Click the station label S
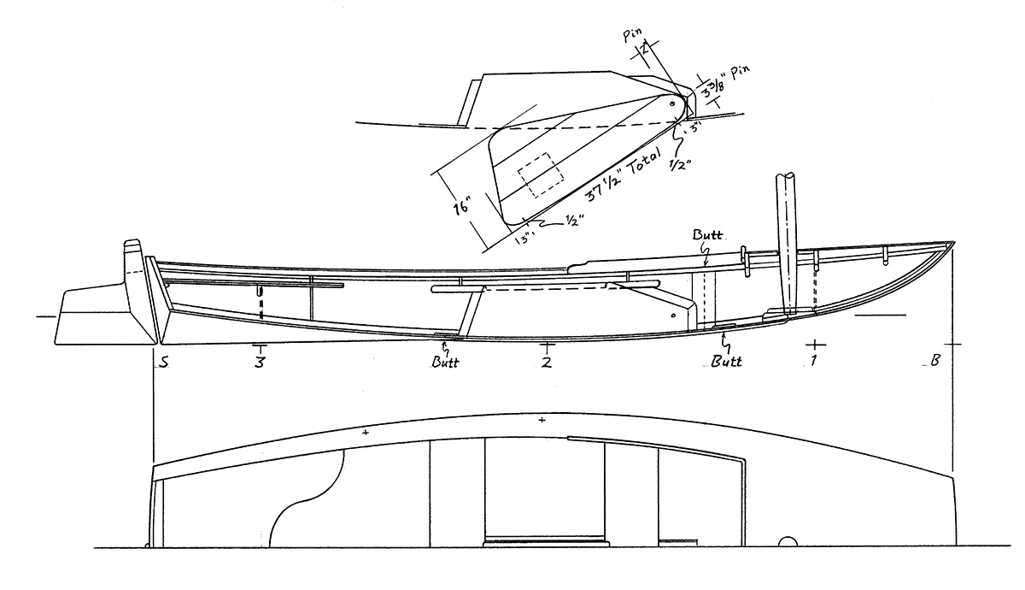[161, 363]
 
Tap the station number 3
[259, 363]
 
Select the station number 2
[547, 362]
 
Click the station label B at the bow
[934, 362]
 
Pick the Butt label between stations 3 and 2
[445, 362]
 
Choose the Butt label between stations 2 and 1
[726, 362]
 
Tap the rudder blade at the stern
[85, 315]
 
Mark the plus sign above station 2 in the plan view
[542, 420]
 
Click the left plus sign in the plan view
[366, 434]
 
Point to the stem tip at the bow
[952, 242]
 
